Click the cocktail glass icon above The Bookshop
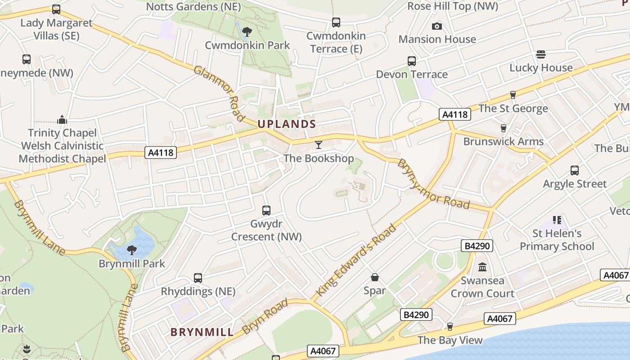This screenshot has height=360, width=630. coord(319,144)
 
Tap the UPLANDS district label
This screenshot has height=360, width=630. coord(287,124)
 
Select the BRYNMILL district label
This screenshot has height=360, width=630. coord(202,333)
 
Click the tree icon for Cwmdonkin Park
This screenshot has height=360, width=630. coord(247,31)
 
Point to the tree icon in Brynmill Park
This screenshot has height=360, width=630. coord(132,250)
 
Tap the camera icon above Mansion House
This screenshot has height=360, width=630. coord(436,26)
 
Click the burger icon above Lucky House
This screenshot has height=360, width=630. coord(541,54)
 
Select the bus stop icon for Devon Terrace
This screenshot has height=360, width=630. coord(412,61)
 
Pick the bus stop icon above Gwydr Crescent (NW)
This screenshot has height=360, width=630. coord(266,210)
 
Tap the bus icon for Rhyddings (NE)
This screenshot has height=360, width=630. coord(198,278)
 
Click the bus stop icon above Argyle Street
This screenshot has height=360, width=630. coord(575,170)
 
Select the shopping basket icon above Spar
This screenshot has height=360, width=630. coord(374,277)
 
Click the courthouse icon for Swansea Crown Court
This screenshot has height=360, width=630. coord(482,267)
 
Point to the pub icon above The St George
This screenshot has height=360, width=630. coord(513,95)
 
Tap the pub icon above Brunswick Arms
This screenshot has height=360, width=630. coord(504,128)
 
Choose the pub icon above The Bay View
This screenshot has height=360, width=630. coord(450,327)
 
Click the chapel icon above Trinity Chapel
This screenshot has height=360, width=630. coord(62,120)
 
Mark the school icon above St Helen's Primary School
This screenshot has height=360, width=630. coord(557,220)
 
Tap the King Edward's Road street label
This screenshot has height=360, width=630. coord(356,260)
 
